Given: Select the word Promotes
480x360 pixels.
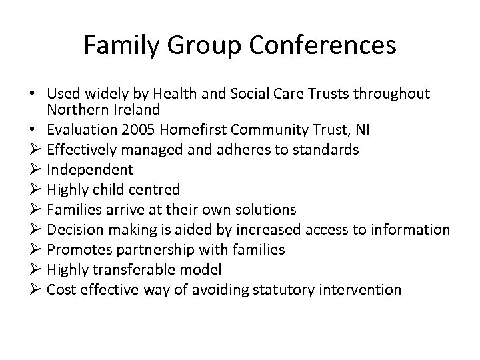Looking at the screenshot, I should pos(76,250).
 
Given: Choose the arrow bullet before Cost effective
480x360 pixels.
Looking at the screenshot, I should pos(35,290).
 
